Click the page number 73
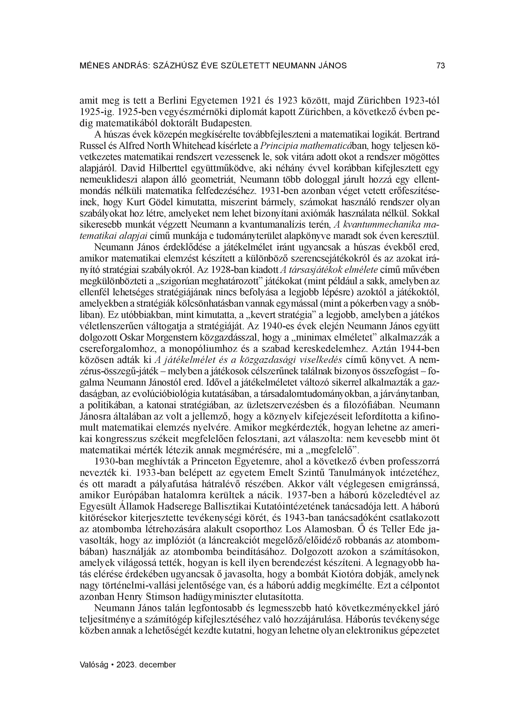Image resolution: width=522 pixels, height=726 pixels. (x=440, y=66)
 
